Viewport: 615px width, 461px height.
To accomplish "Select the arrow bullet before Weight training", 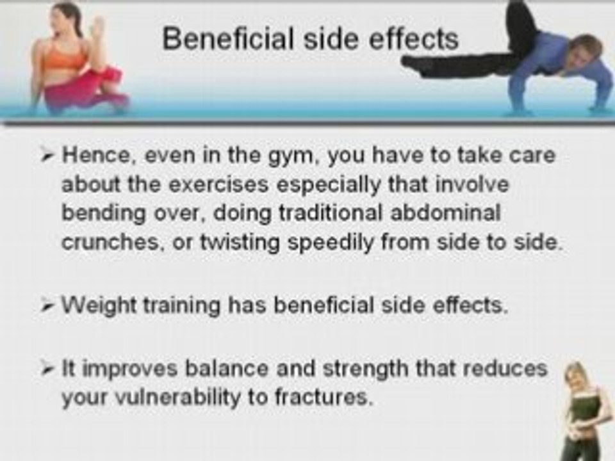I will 51,305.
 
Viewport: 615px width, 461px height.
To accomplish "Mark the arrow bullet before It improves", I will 51,369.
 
